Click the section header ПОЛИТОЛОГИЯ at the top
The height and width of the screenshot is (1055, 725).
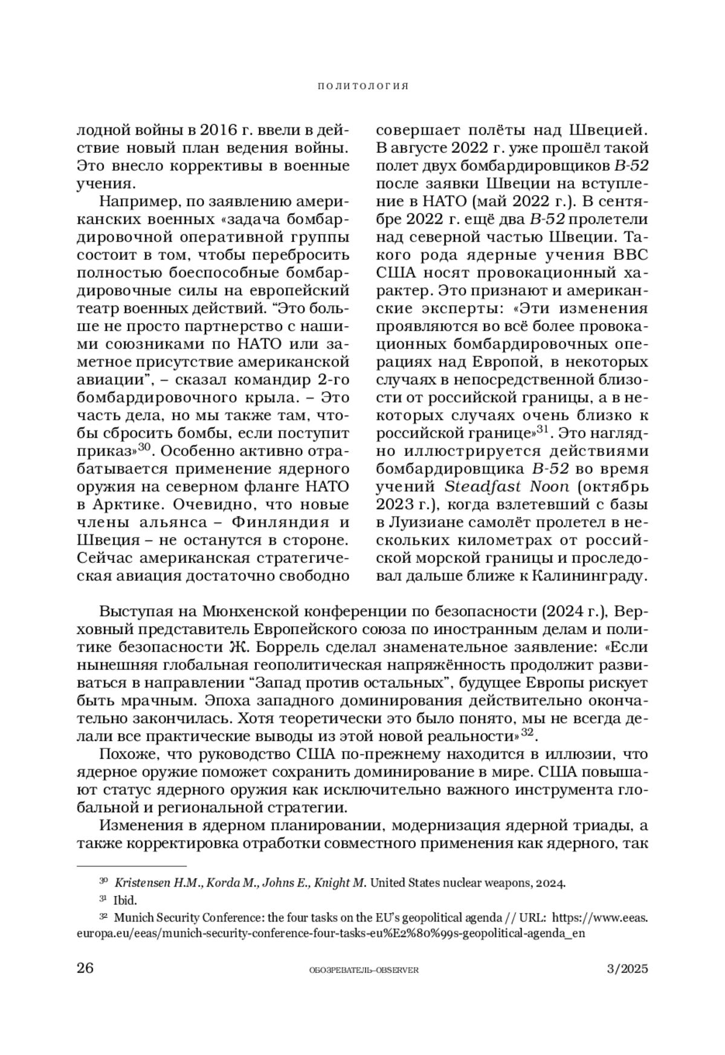[362, 86]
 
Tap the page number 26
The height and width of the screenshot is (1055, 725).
[85, 969]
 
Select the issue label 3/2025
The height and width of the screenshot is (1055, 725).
[627, 969]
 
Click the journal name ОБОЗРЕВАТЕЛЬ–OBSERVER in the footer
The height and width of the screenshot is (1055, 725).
[363, 970]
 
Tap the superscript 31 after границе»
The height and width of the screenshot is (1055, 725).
[542, 429]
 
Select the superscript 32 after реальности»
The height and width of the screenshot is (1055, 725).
[528, 733]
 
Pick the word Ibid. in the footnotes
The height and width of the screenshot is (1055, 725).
[125, 900]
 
